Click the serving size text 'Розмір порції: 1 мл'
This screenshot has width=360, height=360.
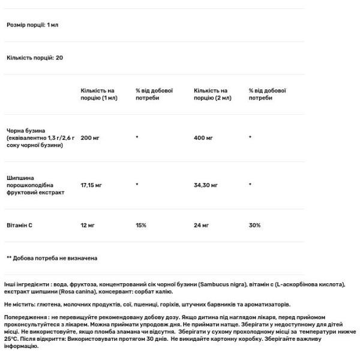(32, 25)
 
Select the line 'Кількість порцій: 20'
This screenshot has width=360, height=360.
(35, 58)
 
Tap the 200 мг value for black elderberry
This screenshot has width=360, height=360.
(91, 138)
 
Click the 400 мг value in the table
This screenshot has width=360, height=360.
(203, 138)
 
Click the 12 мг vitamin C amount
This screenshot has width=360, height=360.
(88, 225)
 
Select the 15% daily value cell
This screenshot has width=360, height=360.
(141, 225)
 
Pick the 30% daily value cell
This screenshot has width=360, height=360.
(254, 225)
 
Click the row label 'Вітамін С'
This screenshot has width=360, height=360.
(20, 225)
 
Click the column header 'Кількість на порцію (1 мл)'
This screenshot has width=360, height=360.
(98, 94)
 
